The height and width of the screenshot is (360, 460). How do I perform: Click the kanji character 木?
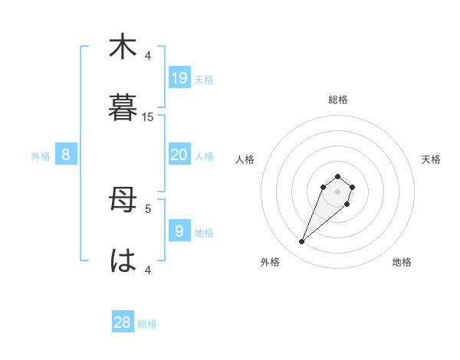(122, 47)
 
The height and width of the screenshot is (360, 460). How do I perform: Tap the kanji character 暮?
(122, 108)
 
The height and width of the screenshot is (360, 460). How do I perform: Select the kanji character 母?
(122, 201)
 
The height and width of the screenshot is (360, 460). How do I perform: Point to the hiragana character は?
(122, 260)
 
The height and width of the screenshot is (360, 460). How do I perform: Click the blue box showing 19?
(179, 77)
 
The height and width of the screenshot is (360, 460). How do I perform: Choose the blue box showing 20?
(179, 155)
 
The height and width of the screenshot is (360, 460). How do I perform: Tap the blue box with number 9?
(179, 231)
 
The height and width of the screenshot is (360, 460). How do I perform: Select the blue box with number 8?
(66, 155)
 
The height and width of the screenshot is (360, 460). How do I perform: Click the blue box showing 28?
(123, 322)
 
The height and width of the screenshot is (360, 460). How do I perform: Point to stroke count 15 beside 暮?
(148, 116)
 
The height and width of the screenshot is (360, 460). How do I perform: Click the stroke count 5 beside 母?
(148, 208)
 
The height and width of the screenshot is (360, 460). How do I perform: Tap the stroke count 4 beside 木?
(148, 56)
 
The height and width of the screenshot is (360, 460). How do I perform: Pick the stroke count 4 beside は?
(148, 269)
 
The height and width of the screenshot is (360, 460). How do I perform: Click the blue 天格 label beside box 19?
(204, 80)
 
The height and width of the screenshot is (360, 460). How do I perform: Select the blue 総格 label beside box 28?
(147, 325)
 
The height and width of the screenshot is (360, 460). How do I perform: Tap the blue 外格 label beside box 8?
(41, 156)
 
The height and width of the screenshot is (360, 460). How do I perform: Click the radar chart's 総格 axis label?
(338, 100)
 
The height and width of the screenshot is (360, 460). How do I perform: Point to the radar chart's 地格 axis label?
(402, 262)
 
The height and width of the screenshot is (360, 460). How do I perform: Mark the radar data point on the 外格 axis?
(302, 242)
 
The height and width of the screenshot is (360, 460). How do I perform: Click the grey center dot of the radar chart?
(337, 191)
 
